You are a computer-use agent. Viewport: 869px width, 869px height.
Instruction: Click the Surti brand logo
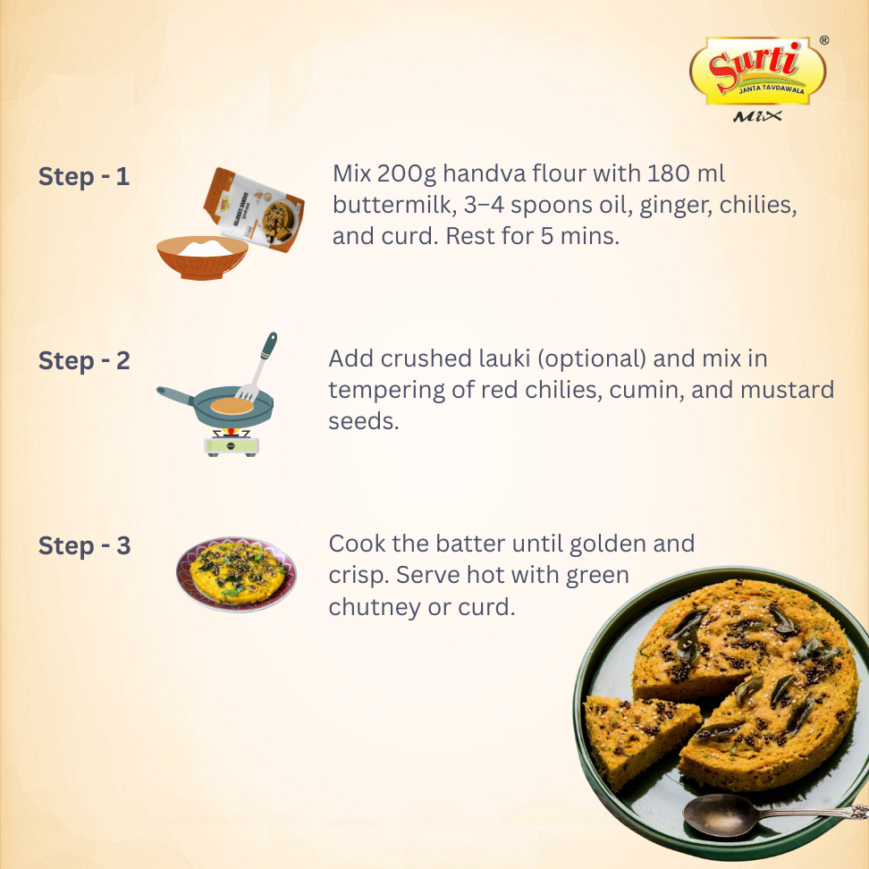(757, 71)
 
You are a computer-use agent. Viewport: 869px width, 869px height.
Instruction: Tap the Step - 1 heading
(84, 177)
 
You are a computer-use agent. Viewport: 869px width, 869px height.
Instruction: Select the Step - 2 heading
(84, 361)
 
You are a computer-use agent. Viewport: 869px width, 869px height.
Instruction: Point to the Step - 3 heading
(84, 546)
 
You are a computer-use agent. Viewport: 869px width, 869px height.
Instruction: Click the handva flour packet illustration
(254, 209)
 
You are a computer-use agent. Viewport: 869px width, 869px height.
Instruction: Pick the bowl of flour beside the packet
(202, 257)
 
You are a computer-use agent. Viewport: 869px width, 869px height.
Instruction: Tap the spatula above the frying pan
(256, 367)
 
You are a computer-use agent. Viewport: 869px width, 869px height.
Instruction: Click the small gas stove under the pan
(231, 443)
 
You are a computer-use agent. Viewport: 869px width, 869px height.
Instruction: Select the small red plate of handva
(237, 574)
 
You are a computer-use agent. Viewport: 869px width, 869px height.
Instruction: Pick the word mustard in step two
(787, 390)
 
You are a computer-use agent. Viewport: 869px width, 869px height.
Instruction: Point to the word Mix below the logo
(757, 116)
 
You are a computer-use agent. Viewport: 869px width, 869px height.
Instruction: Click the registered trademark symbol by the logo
(824, 40)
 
